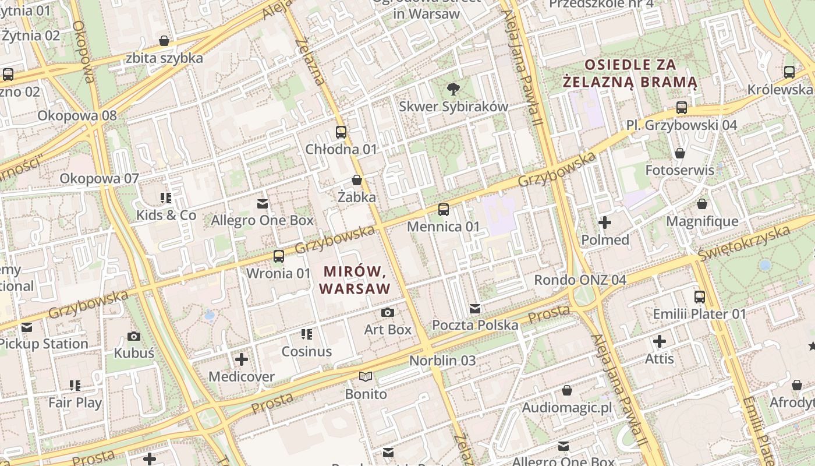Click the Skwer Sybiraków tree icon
453,89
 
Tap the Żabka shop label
357,197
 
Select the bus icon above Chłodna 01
341,132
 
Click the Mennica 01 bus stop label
444,227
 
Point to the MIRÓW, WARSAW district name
355,280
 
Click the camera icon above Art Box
388,313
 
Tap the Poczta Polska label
475,325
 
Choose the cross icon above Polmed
605,223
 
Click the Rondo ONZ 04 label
580,280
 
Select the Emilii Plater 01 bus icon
700,297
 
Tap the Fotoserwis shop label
679,171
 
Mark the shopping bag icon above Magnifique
702,204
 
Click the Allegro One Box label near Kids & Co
262,221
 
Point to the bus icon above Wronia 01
279,256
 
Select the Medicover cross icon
242,359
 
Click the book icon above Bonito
366,377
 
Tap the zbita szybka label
164,58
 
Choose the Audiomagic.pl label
567,408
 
